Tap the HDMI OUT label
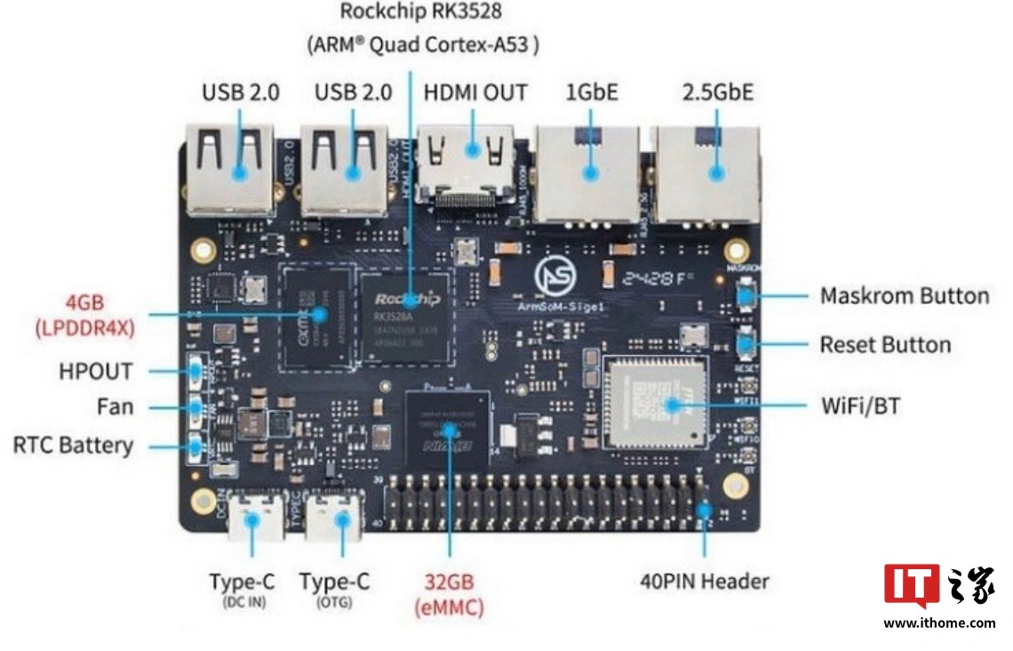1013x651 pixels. click(x=475, y=92)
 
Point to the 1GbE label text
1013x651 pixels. click(x=592, y=92)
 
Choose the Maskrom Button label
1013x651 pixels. click(x=904, y=296)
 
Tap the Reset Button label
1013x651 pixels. click(x=885, y=344)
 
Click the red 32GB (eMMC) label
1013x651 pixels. click(x=449, y=595)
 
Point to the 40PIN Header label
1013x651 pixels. click(x=704, y=582)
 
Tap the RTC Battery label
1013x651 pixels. click(x=73, y=445)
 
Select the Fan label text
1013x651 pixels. click(x=116, y=407)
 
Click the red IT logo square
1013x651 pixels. click(x=911, y=585)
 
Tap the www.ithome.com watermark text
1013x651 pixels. click(x=939, y=623)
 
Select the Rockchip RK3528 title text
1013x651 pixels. click(x=421, y=13)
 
